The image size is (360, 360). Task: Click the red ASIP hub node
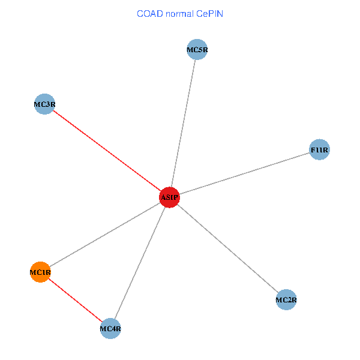coord(169,197)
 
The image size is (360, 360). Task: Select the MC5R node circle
coord(197,50)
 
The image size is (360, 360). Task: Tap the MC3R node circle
coord(44,104)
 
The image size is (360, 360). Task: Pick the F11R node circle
coord(319,149)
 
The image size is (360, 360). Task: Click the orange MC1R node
coord(40,272)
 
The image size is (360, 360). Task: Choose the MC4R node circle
coord(110,328)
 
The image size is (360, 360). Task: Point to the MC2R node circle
coord(286,299)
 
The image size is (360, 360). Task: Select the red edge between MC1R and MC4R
coord(75,300)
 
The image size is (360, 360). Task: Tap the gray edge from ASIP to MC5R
coord(183,124)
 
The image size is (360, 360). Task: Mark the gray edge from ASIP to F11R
coord(244,173)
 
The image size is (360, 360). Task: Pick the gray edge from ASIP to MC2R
coord(228,248)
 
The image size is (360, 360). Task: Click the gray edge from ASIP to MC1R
coord(105,235)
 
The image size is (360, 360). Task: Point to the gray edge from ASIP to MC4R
coord(140,263)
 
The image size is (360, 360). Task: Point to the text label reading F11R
coord(319,149)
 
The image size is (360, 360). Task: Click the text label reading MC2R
coord(286,299)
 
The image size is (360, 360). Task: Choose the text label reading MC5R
coord(197,50)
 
